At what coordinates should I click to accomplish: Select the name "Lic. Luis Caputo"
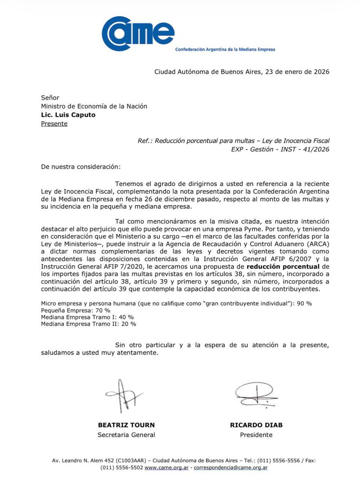[x=68, y=115]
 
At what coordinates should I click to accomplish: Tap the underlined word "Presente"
[x=54, y=123]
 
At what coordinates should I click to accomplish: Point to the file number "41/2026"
[x=317, y=149]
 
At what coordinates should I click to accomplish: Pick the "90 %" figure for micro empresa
[x=303, y=303]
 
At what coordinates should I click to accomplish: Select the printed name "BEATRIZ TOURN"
[x=126, y=425]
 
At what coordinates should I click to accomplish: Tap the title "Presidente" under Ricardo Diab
[x=256, y=435]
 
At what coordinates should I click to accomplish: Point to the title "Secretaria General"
[x=126, y=435]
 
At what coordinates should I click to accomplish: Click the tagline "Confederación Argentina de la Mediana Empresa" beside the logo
[x=225, y=49]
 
